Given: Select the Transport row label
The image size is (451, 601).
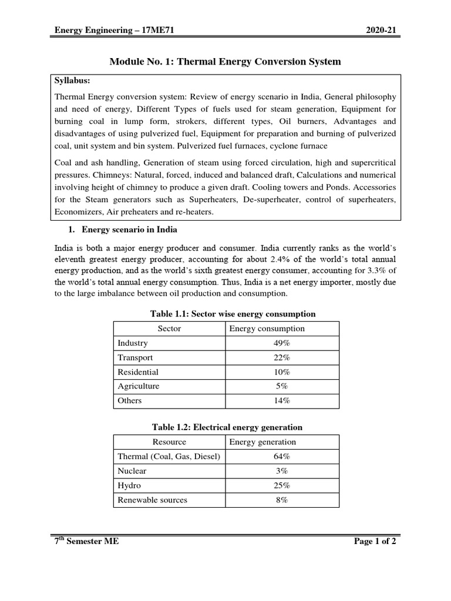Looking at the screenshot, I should click(135, 357).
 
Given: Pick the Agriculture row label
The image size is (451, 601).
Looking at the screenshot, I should click(138, 386).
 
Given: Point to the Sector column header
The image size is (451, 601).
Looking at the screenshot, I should click(170, 329).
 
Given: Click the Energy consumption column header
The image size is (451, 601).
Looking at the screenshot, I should click(267, 329).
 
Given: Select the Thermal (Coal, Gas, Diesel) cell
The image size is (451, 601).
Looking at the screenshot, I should click(169, 457).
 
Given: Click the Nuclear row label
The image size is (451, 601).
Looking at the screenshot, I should click(132, 471).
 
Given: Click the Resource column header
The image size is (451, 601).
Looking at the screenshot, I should click(169, 442).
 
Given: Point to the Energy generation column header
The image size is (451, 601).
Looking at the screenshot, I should click(262, 442).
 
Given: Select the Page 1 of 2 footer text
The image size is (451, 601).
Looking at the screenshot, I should click(375, 542).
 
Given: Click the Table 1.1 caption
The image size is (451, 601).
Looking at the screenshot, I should click(225, 314).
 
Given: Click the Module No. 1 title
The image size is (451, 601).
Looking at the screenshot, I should click(225, 61).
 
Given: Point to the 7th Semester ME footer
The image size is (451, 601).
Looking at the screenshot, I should click(86, 542).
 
